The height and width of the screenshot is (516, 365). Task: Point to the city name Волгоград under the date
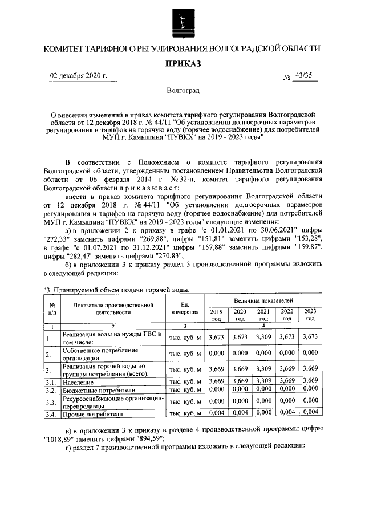(x=183, y=91)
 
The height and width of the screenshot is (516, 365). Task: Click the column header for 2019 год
(x=216, y=315)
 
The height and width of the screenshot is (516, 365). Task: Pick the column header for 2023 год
(x=310, y=315)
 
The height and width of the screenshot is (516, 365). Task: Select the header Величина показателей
(x=263, y=300)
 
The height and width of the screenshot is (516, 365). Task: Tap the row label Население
(x=79, y=381)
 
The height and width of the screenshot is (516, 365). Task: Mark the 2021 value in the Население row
(x=263, y=381)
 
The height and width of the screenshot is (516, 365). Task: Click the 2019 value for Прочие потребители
(x=216, y=413)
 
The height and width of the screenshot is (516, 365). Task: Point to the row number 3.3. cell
(x=51, y=403)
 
